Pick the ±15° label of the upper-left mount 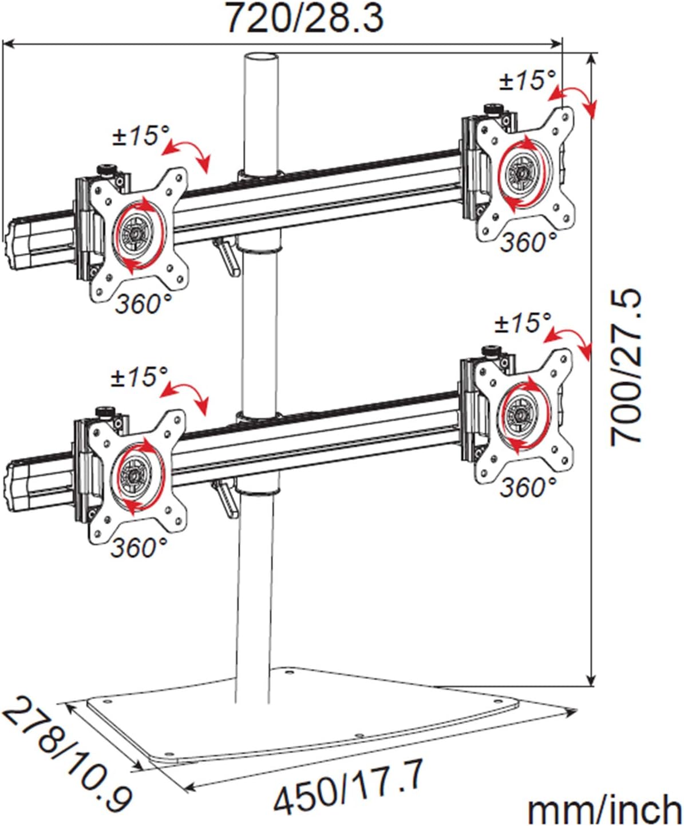(140, 136)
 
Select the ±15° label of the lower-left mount (139, 377)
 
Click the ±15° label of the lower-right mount (523, 322)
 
